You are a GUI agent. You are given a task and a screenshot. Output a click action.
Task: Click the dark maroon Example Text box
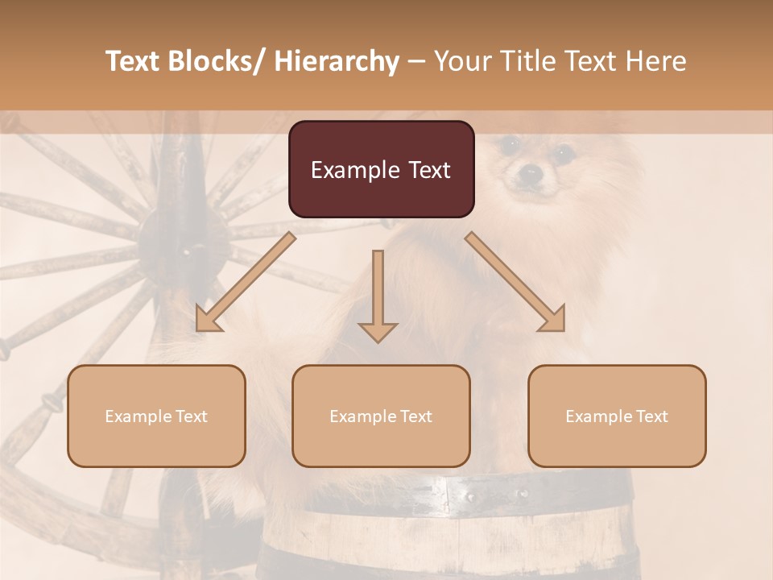pos(381,169)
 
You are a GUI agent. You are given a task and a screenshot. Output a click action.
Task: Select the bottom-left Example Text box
pos(156,416)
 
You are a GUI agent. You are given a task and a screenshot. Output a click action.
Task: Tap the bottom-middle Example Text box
pos(381,416)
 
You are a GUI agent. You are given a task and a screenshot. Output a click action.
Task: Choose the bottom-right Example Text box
pos(617,416)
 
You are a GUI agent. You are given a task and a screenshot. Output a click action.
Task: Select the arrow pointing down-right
pos(516,283)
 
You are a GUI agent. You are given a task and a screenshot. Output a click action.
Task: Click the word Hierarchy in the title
pos(337,62)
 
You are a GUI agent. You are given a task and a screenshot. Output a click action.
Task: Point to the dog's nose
pos(529,172)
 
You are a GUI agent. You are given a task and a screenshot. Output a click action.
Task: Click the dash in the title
pos(416,63)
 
